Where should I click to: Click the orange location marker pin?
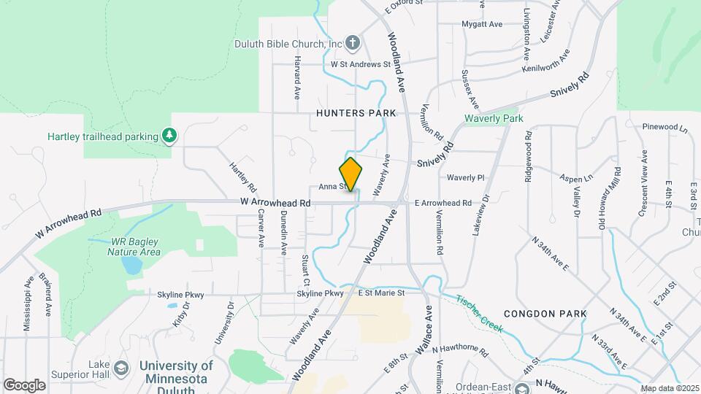350,174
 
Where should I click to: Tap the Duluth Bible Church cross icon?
352,42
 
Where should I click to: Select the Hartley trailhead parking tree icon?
169,135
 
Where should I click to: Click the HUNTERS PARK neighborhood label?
356,113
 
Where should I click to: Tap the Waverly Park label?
494,118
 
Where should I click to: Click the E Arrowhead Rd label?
443,203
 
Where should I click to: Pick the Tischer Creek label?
480,314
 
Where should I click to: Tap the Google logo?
24,385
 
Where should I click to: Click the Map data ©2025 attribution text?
670,388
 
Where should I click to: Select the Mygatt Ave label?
482,24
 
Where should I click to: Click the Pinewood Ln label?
665,128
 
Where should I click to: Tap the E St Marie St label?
382,293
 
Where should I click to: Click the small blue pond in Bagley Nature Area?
132,265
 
